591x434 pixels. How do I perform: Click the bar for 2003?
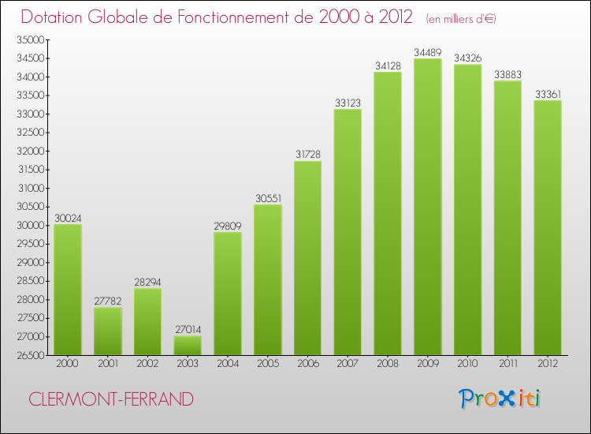(188, 346)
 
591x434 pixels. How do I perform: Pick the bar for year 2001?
(107, 331)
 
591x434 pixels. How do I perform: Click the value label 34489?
(428, 53)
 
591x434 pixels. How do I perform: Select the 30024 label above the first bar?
(68, 219)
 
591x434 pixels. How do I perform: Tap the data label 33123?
(348, 103)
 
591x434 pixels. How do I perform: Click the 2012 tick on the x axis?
(548, 365)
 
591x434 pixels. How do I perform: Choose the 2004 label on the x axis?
(228, 365)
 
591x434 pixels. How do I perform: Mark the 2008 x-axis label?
(388, 365)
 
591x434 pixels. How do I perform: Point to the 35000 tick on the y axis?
(32, 40)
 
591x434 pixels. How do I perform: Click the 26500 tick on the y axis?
(32, 355)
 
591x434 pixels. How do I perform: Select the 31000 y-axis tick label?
(32, 188)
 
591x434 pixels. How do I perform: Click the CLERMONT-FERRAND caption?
(110, 399)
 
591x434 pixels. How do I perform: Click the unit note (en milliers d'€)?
(460, 18)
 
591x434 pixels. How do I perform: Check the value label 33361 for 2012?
(548, 95)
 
